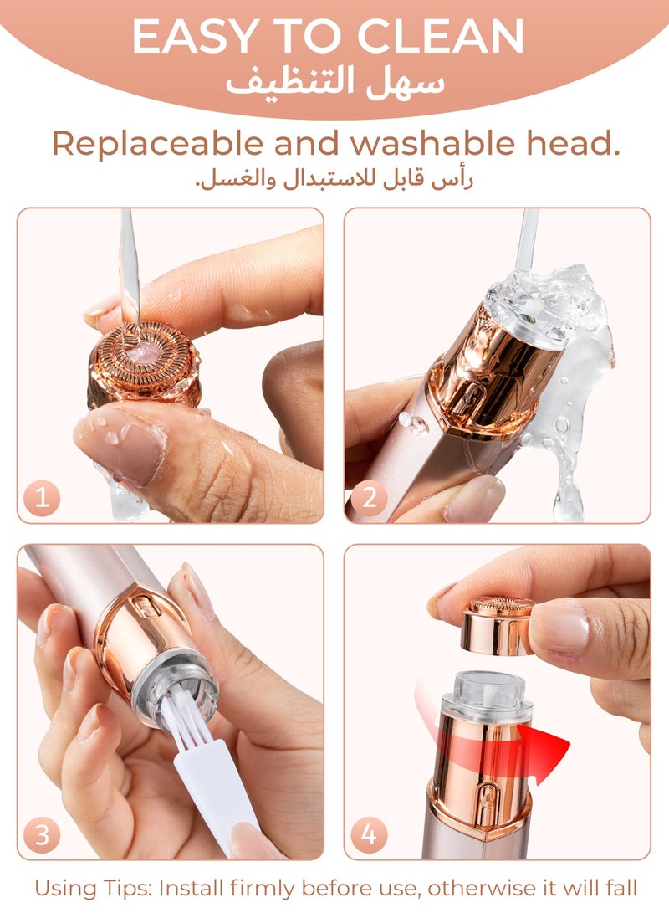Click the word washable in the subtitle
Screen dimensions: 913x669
[421, 144]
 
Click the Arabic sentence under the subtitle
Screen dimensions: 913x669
[334, 180]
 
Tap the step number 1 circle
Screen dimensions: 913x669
[43, 500]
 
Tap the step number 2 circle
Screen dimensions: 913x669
[369, 500]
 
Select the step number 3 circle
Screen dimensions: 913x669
[43, 834]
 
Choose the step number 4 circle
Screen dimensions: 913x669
[369, 834]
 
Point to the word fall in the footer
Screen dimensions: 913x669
[620, 886]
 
